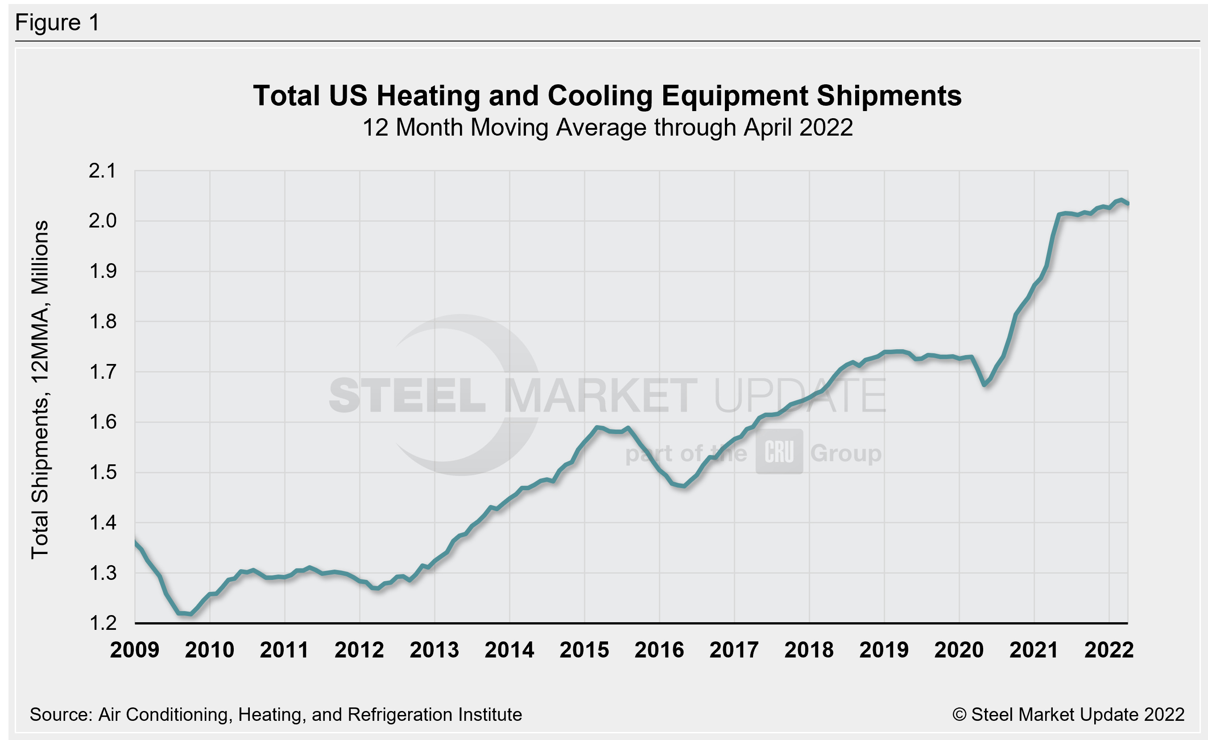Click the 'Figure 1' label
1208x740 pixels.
[x=58, y=23]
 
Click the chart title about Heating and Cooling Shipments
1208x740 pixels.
[x=607, y=95]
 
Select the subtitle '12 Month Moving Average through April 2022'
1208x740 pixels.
[x=607, y=128]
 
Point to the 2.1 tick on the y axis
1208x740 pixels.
[x=103, y=171]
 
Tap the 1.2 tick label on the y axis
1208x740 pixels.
[x=103, y=624]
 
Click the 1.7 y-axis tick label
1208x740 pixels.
[x=103, y=372]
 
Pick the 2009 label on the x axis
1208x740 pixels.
[x=135, y=650]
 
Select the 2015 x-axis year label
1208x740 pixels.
[x=584, y=650]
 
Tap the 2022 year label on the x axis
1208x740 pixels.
[x=1109, y=650]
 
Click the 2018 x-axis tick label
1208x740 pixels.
[x=809, y=650]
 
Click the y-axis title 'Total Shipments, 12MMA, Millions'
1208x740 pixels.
[x=40, y=389]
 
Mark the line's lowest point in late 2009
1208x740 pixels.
[x=190, y=614]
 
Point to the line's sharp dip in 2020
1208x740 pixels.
[x=985, y=384]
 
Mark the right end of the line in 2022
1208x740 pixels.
[x=1128, y=203]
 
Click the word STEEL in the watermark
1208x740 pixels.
[x=407, y=396]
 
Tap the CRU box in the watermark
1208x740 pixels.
[x=779, y=452]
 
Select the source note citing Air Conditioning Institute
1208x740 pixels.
[x=276, y=715]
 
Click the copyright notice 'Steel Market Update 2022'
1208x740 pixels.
[x=1068, y=715]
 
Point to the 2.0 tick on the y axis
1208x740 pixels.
[x=103, y=221]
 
